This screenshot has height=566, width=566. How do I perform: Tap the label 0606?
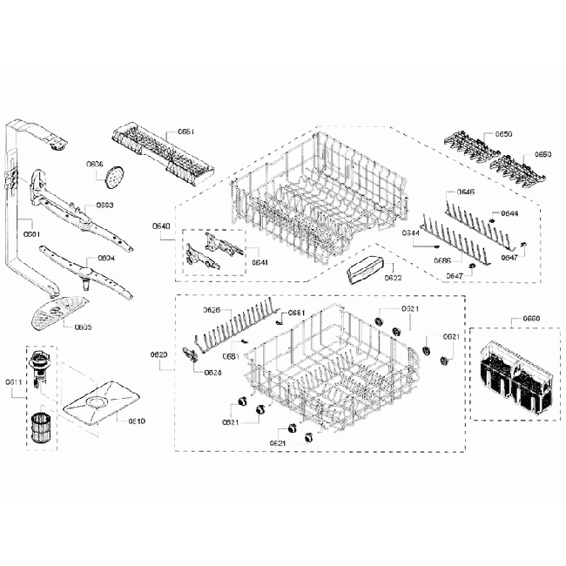coord(95,164)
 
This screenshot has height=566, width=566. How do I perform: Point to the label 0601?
coord(31,234)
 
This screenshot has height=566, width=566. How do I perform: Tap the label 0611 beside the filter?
coord(13,382)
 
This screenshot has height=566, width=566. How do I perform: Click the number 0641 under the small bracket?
coord(259,262)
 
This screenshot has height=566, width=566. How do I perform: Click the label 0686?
coord(442,260)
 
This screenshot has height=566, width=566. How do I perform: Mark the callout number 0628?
coord(212,373)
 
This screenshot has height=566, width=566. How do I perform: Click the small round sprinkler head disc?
coord(111,178)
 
